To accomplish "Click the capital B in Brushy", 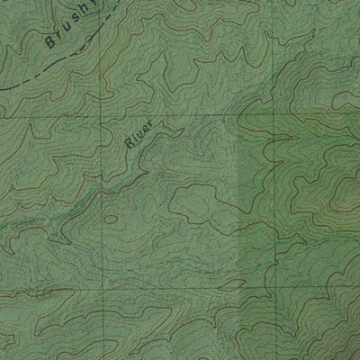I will click(x=48, y=43).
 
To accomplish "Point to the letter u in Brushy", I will click(x=63, y=31).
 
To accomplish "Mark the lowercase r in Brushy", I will click(x=56, y=37).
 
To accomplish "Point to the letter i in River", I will click(x=137, y=141).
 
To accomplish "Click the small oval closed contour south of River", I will click(x=111, y=219).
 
